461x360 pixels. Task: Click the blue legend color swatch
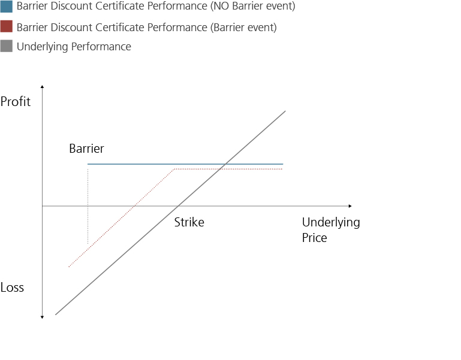tap(7, 7)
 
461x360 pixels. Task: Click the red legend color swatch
tap(7, 26)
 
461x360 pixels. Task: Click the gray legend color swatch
tap(7, 46)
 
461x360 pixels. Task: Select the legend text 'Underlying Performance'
tap(74, 47)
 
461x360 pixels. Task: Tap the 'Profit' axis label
tap(16, 102)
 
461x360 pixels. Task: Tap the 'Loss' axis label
tap(13, 288)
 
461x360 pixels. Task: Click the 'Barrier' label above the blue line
tap(86, 149)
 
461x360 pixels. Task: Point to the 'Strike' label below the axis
tap(189, 223)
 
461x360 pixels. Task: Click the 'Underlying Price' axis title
tap(330, 230)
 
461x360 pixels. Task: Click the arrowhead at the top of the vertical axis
tap(43, 89)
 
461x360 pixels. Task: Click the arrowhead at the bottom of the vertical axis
tap(43, 317)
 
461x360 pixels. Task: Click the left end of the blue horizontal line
tap(88, 164)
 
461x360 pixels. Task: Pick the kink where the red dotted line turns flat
tap(174, 170)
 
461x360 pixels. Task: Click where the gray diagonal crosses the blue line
tap(225, 164)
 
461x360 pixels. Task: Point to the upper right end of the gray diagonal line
tap(285, 111)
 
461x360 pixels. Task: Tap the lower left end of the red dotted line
tap(69, 267)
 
